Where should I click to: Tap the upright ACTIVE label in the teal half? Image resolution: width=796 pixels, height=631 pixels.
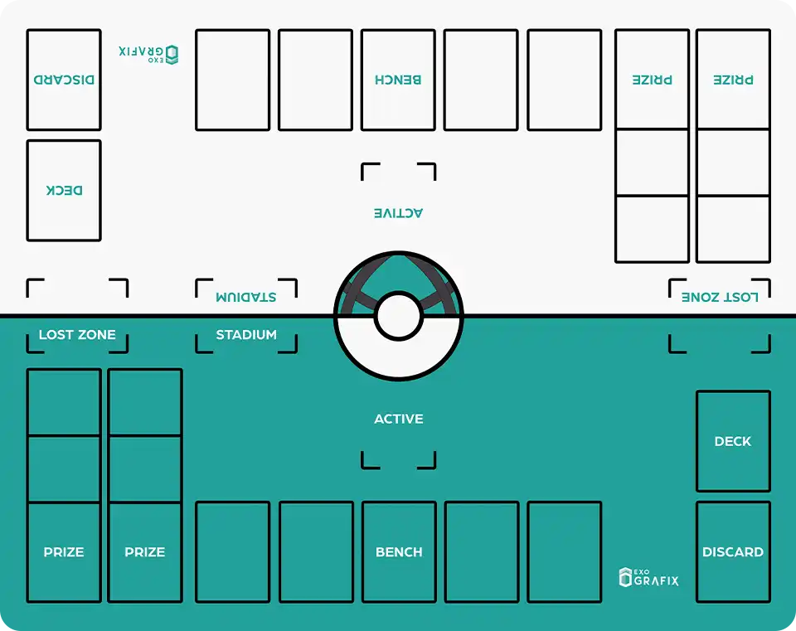click(399, 419)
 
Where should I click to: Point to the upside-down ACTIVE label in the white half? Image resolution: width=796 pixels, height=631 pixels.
click(399, 213)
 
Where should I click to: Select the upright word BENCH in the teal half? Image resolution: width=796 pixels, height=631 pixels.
click(399, 552)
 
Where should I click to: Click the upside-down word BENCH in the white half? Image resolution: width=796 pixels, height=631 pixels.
click(399, 80)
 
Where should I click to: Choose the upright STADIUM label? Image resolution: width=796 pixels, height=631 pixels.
click(246, 335)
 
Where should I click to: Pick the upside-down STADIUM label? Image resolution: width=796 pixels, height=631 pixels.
click(246, 297)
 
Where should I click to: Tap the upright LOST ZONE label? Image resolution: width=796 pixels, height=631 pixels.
click(77, 335)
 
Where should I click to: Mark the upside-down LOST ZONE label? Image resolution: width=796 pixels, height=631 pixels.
click(720, 297)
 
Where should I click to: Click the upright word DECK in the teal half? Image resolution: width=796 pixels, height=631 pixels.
click(733, 442)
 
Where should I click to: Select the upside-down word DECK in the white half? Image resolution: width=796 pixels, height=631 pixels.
click(64, 191)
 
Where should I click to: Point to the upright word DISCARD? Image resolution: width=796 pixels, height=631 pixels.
click(733, 552)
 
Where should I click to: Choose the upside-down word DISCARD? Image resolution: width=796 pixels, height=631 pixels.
click(64, 80)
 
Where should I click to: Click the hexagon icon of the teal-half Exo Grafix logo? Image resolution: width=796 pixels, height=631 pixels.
click(625, 578)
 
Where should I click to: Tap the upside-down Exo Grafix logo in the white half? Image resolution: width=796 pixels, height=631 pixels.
click(149, 54)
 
